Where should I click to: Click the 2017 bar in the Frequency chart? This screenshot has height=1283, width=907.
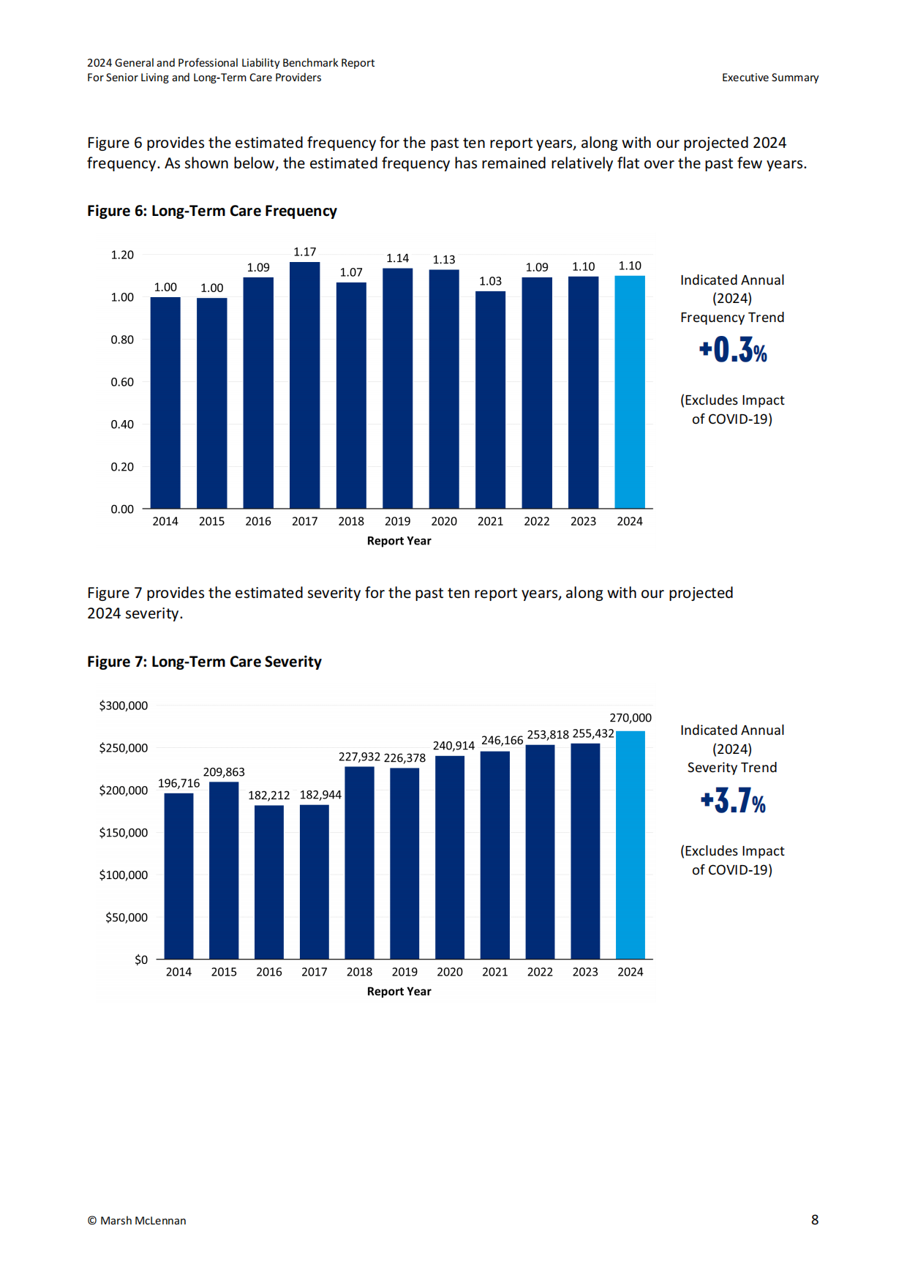[304, 385]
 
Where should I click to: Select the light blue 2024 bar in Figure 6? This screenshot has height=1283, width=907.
[630, 392]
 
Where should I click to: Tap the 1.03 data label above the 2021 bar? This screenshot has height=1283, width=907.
[490, 281]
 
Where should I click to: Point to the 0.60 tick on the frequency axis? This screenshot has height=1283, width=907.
[122, 382]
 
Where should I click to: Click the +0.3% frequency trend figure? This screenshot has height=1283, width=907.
[733, 350]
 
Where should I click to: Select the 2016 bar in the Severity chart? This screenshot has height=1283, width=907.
[269, 882]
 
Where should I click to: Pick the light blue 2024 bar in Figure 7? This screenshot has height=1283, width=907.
[631, 845]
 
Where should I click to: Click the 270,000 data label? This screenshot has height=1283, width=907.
[631, 718]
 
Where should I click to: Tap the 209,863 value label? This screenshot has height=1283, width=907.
[224, 772]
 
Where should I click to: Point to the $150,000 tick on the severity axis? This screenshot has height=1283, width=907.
[124, 833]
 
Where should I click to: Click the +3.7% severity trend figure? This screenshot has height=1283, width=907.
[733, 801]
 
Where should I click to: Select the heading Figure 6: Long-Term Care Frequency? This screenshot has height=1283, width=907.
[212, 211]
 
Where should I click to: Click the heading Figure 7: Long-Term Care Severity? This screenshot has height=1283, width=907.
[204, 662]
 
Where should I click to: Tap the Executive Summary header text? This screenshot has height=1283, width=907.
[770, 78]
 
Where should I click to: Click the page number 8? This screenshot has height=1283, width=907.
[815, 1220]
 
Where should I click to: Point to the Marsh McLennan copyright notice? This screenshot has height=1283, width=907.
[137, 1221]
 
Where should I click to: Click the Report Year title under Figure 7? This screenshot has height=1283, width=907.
[399, 992]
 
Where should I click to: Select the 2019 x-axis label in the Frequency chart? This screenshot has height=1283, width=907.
[397, 521]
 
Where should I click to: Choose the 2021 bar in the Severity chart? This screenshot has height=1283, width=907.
[495, 856]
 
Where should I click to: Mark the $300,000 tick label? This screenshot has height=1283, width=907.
[124, 706]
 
